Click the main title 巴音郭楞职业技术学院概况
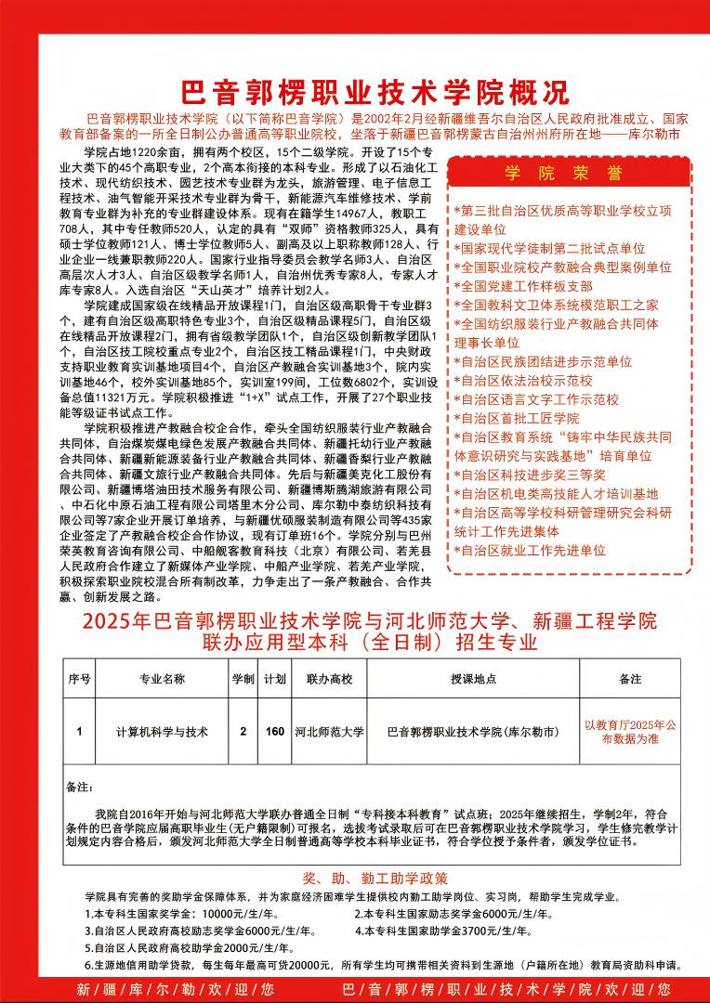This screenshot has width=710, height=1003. [373, 93]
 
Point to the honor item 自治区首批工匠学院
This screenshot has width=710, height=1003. [517, 418]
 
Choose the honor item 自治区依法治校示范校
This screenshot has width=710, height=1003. [523, 380]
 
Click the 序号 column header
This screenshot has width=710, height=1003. [79, 680]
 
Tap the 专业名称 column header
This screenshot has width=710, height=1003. [163, 680]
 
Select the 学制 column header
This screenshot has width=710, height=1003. [243, 680]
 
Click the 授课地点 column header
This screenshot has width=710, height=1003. [473, 680]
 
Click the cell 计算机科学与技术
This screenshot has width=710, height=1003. [163, 732]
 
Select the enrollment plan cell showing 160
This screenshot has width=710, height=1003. [275, 732]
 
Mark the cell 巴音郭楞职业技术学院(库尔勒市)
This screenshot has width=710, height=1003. [473, 732]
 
